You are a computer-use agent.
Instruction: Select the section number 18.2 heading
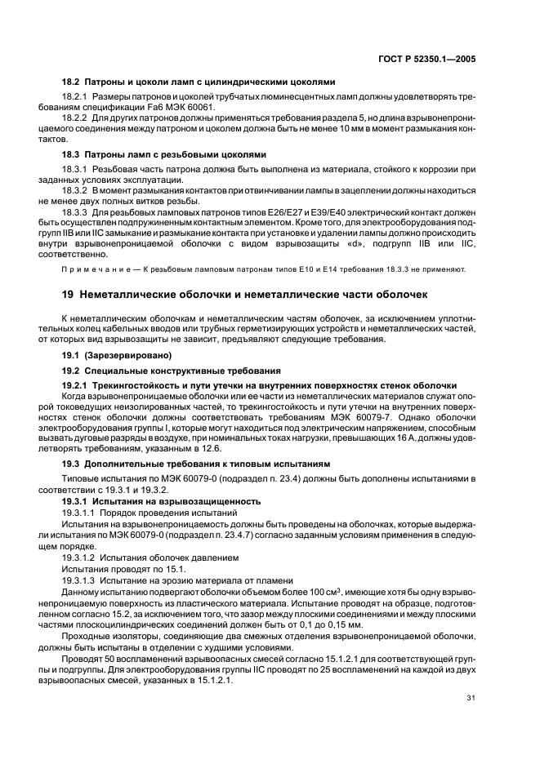[x=74, y=82]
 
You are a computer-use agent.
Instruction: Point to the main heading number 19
[x=69, y=293]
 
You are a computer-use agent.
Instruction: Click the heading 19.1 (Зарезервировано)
[x=110, y=356]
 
